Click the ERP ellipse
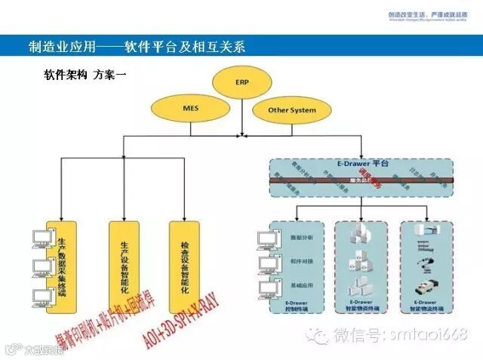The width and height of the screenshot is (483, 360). pyautogui.click(x=241, y=82)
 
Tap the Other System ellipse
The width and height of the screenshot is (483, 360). pyautogui.click(x=292, y=110)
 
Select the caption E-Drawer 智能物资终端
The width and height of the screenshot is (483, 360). pyautogui.click(x=361, y=307)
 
